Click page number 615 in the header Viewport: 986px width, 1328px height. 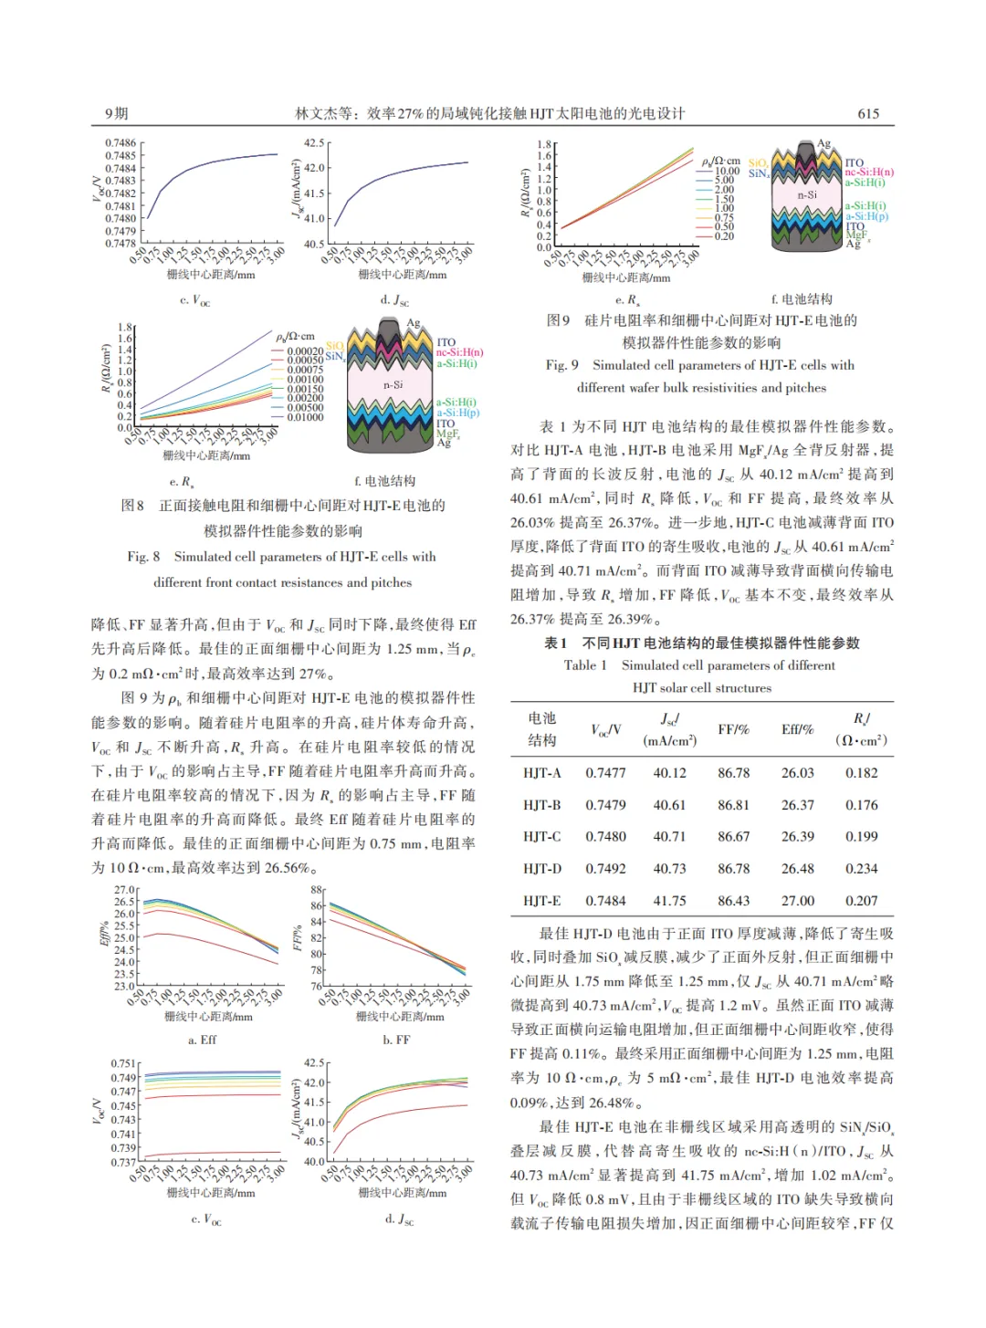(x=868, y=113)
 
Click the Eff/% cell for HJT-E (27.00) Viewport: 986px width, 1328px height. (x=797, y=901)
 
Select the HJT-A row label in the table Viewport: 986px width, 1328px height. (x=541, y=773)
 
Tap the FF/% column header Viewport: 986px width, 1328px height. (x=733, y=729)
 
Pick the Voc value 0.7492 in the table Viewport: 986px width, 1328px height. (x=605, y=869)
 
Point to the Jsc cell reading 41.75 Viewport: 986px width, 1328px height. (x=669, y=901)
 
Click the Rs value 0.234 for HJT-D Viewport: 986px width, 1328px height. (x=861, y=869)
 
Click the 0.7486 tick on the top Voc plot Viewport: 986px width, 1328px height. (x=121, y=143)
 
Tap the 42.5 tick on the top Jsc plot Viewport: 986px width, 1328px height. (x=314, y=143)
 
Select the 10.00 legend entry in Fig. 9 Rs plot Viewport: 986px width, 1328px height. (x=727, y=172)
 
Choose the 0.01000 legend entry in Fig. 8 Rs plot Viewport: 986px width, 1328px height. (x=305, y=417)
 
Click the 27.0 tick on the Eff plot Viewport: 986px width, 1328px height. (x=124, y=889)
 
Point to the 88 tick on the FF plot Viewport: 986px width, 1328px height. (x=317, y=889)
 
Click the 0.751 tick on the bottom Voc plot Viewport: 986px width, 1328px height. (x=123, y=1063)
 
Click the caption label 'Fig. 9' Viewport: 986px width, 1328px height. (x=561, y=365)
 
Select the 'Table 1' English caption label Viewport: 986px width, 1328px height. (x=585, y=665)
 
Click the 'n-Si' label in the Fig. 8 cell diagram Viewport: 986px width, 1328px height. (x=393, y=385)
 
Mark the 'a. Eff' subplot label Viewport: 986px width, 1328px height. (x=202, y=1040)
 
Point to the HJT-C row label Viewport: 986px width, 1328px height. (x=541, y=837)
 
